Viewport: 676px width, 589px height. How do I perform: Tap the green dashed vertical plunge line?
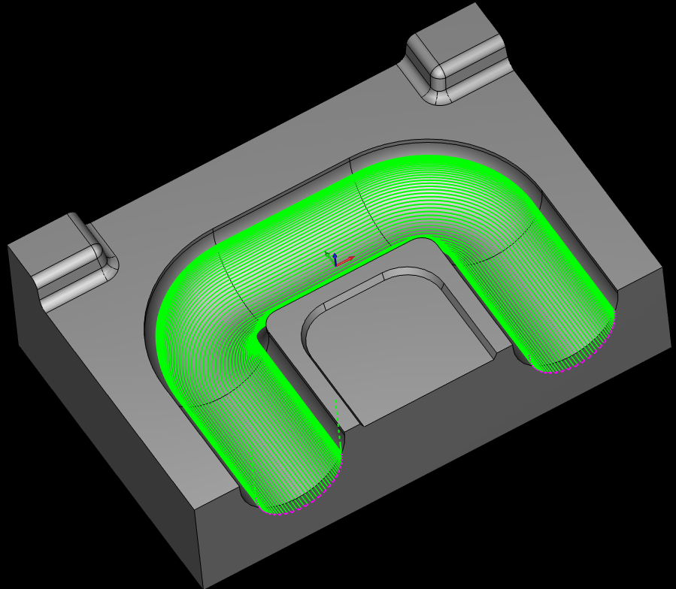click(337, 417)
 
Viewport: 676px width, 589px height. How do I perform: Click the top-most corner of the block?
click(475, 3)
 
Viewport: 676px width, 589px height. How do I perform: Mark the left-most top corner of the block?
click(8, 246)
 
